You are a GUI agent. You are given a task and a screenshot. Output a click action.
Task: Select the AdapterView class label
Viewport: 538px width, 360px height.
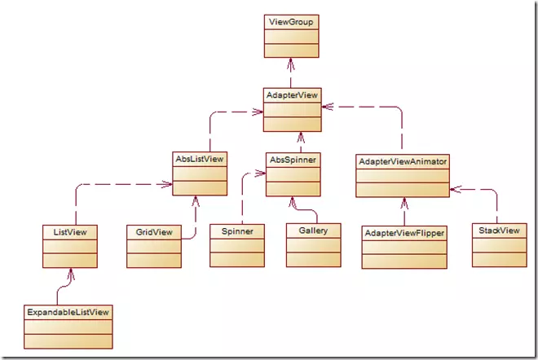click(291, 95)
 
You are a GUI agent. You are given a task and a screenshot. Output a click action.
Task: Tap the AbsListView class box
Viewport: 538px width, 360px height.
click(200, 173)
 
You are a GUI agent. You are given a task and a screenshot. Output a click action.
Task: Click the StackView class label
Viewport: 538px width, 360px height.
click(497, 230)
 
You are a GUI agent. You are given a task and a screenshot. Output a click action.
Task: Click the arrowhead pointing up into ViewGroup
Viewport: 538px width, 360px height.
click(291, 62)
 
